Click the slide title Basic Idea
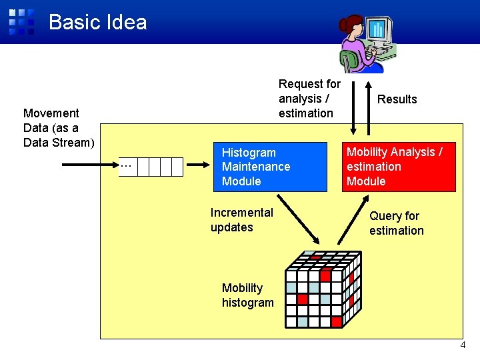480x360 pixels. (x=97, y=22)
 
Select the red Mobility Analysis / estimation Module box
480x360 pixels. (x=399, y=167)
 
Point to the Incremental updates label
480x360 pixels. (x=241, y=220)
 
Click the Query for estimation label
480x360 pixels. (x=396, y=223)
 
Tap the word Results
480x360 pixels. (x=397, y=99)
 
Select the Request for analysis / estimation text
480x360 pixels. (x=309, y=99)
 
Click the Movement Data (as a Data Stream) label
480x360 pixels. (x=59, y=128)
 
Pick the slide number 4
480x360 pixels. (x=463, y=345)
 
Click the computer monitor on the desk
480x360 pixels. (x=378, y=30)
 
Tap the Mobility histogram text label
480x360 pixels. (x=247, y=295)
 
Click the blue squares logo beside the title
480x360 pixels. (x=21, y=21)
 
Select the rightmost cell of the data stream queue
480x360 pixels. (x=177, y=167)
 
